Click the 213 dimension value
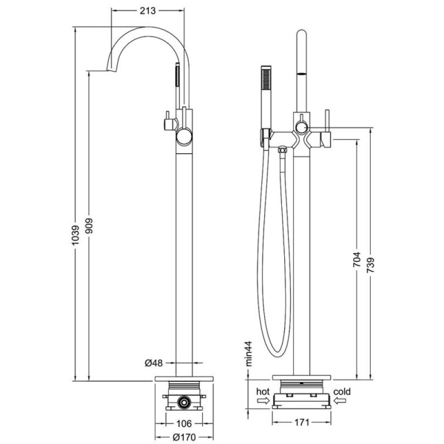coord(148,11)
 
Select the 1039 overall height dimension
coord(75,235)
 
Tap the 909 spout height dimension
coord(89,226)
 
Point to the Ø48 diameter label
coord(154,363)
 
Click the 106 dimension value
coord(184,424)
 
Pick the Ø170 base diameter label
coord(184,437)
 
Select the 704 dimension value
coord(357,259)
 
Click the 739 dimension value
coord(371,265)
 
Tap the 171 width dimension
coord(301,422)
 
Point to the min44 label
coord(249,354)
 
